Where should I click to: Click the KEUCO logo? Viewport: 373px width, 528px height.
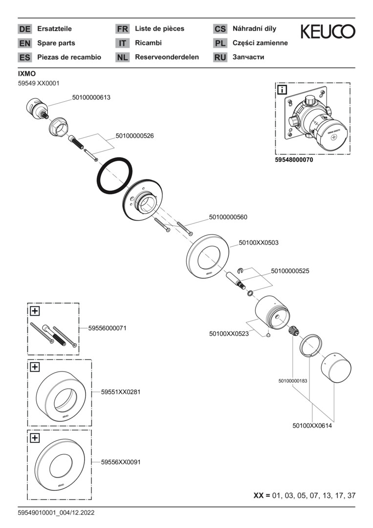click(x=328, y=32)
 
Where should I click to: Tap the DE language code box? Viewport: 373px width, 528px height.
click(x=24, y=29)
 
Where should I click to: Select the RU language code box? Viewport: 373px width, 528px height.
click(x=220, y=57)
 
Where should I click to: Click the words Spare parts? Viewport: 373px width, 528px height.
click(x=56, y=43)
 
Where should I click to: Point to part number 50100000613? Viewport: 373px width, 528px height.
click(x=91, y=97)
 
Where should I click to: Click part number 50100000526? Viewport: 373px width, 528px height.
click(x=134, y=136)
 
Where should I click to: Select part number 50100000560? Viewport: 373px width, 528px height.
click(x=228, y=217)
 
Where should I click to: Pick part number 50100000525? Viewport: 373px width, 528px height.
click(x=290, y=270)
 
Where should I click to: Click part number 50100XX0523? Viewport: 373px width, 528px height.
click(x=229, y=334)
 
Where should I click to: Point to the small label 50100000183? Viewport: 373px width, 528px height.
click(x=292, y=380)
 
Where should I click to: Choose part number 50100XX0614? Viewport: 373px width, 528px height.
click(x=312, y=426)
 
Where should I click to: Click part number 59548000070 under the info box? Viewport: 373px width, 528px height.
click(x=294, y=160)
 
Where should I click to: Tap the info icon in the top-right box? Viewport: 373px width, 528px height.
click(x=283, y=89)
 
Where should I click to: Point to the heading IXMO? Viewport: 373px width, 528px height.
click(x=27, y=73)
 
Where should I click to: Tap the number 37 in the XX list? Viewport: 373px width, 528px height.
click(x=351, y=496)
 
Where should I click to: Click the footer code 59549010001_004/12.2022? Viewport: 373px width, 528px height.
click(x=56, y=513)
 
